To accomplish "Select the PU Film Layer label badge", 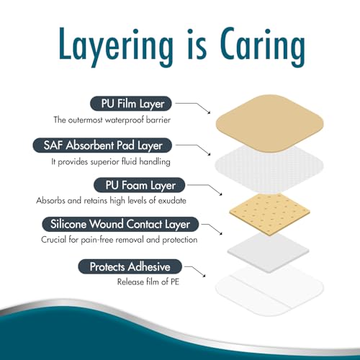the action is (x=131, y=104).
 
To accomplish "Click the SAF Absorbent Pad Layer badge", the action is (x=102, y=145).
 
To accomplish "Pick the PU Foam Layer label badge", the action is (x=140, y=185).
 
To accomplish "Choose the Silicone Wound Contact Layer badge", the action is (x=120, y=224).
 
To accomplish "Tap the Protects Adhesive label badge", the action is (x=130, y=266).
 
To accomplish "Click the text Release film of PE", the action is (x=148, y=282).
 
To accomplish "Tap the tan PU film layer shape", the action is (x=269, y=123).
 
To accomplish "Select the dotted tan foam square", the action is (x=269, y=215).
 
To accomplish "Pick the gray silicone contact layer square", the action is (x=269, y=253).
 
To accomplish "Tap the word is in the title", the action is (x=197, y=45).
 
